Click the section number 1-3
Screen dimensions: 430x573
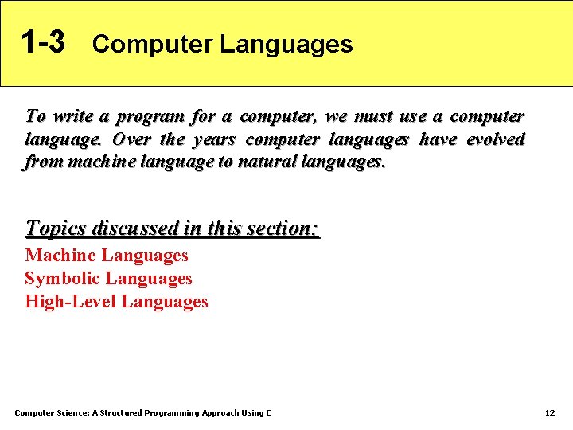(43, 42)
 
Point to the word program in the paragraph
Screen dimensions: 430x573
(150, 116)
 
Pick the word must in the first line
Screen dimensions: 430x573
(372, 116)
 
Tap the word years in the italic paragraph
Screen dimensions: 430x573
(214, 139)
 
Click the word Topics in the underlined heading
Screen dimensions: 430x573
(57, 229)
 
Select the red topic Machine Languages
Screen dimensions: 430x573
(107, 256)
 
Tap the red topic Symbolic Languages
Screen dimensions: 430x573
(108, 279)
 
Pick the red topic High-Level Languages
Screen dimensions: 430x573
(116, 302)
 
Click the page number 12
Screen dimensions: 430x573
(549, 412)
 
